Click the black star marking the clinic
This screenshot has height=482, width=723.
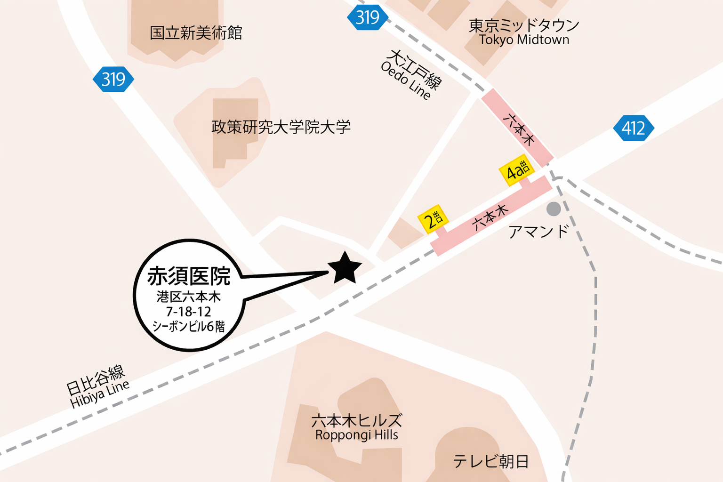click(345, 268)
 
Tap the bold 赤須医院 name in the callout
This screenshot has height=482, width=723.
click(189, 276)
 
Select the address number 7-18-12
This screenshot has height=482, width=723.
click(188, 312)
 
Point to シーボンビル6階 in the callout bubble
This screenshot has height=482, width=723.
click(188, 326)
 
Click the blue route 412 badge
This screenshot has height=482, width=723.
click(633, 128)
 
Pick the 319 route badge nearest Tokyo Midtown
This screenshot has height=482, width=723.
click(367, 18)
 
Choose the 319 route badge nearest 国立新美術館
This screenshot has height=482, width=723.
click(113, 79)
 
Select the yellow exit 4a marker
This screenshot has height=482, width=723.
click(517, 170)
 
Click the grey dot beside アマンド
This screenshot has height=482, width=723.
click(554, 209)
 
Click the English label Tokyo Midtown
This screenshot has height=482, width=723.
click(524, 40)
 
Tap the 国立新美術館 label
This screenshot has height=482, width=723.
click(196, 33)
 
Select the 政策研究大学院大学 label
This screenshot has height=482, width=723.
click(281, 127)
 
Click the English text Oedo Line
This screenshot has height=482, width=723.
click(405, 81)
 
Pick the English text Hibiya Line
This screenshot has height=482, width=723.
click(100, 394)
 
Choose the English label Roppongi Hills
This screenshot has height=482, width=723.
click(356, 435)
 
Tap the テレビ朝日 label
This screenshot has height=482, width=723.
click(491, 461)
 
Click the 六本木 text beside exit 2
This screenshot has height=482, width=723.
click(490, 217)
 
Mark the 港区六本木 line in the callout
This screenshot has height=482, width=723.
click(188, 297)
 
